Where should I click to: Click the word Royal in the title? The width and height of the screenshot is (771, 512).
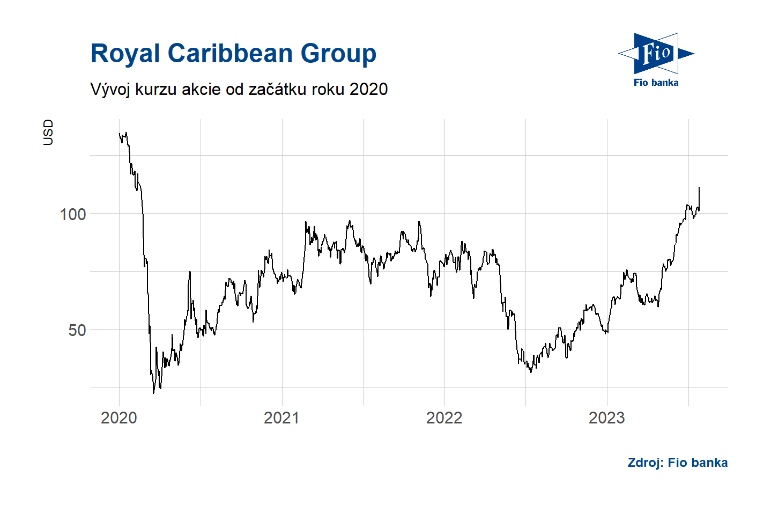(125, 54)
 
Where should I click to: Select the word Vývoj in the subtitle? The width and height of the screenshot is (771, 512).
(110, 89)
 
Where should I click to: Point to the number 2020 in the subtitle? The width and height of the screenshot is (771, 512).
(368, 89)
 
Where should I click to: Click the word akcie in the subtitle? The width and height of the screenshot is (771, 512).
(201, 89)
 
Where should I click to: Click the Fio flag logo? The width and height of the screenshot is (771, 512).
(656, 53)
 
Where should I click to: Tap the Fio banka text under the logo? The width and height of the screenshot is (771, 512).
(656, 83)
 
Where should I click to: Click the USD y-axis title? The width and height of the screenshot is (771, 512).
(48, 132)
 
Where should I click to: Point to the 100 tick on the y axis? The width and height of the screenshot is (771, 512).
(73, 214)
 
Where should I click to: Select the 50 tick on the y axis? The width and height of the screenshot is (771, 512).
(77, 330)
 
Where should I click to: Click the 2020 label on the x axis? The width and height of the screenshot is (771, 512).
(119, 418)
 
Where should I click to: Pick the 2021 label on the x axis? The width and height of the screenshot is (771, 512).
(281, 418)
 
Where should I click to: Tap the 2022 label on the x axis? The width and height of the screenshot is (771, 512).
(444, 418)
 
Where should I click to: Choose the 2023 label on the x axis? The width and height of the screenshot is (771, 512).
(606, 418)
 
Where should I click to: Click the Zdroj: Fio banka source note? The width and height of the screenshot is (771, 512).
(677, 463)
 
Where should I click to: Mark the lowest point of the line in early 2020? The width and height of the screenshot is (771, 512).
(153, 393)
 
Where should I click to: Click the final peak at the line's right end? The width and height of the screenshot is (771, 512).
(699, 187)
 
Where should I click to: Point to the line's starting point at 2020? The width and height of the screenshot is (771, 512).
(119, 134)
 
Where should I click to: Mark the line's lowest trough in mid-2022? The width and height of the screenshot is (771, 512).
(531, 372)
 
